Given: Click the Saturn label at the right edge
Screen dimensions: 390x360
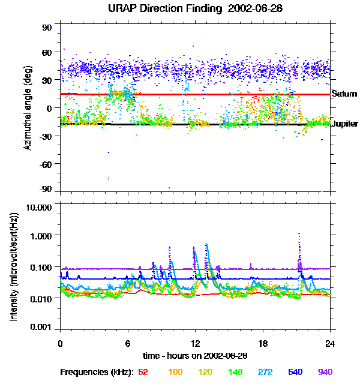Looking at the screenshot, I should click(x=344, y=94).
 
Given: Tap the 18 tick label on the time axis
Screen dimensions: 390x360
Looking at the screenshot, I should click(x=263, y=344).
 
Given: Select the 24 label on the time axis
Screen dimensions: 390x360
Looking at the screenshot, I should click(x=330, y=344).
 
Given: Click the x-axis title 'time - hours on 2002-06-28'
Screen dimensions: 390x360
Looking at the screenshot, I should click(x=196, y=356).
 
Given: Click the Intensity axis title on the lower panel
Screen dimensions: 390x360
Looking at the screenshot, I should click(x=13, y=268).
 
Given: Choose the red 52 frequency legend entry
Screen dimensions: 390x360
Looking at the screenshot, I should click(x=143, y=372).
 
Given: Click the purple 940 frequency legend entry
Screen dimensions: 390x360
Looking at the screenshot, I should click(x=325, y=372).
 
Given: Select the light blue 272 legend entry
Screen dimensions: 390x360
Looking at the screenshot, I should click(x=265, y=372).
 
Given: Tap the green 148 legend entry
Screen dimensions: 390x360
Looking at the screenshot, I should click(x=236, y=372).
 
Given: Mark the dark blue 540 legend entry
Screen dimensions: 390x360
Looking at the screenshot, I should click(x=295, y=372).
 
